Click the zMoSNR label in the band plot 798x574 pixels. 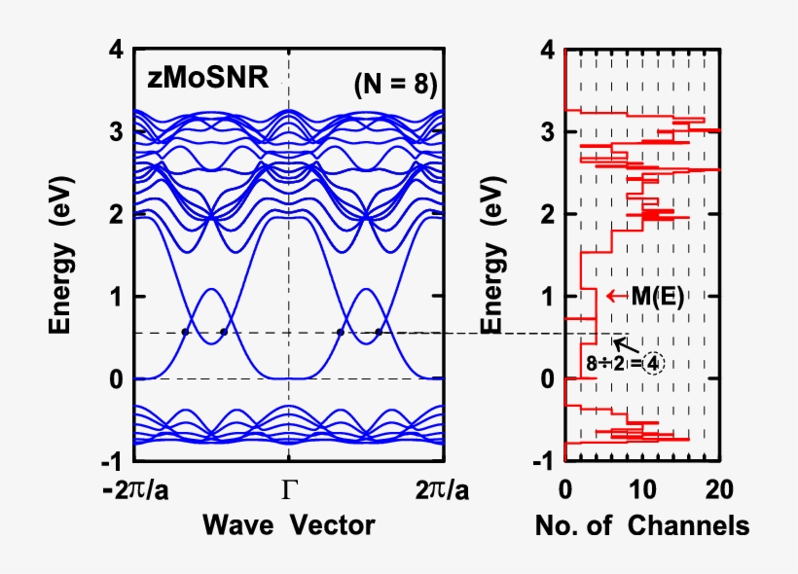tap(207, 78)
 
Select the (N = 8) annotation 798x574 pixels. tap(395, 85)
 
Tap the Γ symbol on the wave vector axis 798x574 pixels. tap(289, 490)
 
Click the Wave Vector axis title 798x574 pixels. tap(288, 526)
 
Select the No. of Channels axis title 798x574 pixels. tap(642, 526)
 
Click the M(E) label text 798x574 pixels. tap(657, 297)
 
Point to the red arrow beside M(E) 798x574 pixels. tap(614, 296)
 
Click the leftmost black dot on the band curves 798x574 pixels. tap(185, 332)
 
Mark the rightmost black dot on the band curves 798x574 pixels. tap(379, 332)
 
